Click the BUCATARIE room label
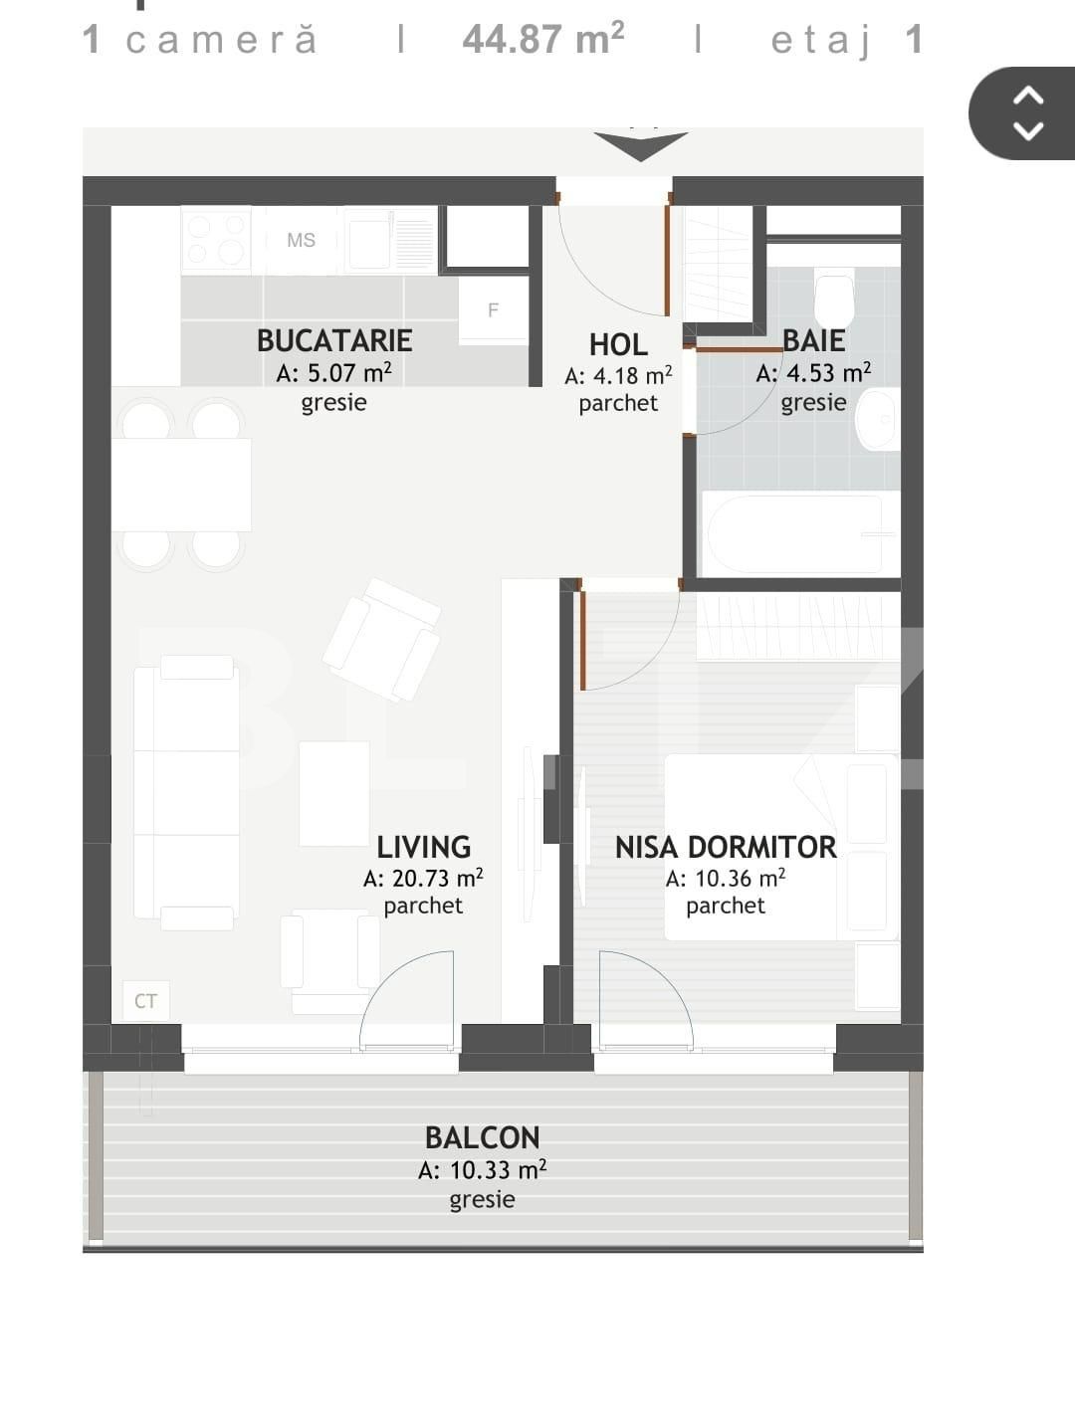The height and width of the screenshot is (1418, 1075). coord(334,340)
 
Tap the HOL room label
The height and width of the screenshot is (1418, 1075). coord(618,344)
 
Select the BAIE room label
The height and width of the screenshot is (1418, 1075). coord(813,340)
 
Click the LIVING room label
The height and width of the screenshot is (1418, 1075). coord(423,847)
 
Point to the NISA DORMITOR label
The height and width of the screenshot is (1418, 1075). coord(726,847)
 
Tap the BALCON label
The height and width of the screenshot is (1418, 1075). coord(482,1137)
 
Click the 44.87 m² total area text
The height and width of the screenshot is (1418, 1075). coord(543,40)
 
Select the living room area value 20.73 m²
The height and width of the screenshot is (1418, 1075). coord(423,879)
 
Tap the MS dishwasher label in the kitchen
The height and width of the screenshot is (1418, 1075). coord(301,240)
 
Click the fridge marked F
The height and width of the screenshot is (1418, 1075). coord(493,310)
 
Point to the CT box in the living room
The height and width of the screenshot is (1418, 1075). coord(146,1001)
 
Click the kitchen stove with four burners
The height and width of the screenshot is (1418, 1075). coord(216,240)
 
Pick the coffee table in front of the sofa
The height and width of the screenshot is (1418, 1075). coord(334,793)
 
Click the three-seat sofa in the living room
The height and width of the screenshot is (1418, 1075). coord(186,792)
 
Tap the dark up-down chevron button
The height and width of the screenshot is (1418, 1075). coord(1027,112)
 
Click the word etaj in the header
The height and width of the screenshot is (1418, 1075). coord(821,40)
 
